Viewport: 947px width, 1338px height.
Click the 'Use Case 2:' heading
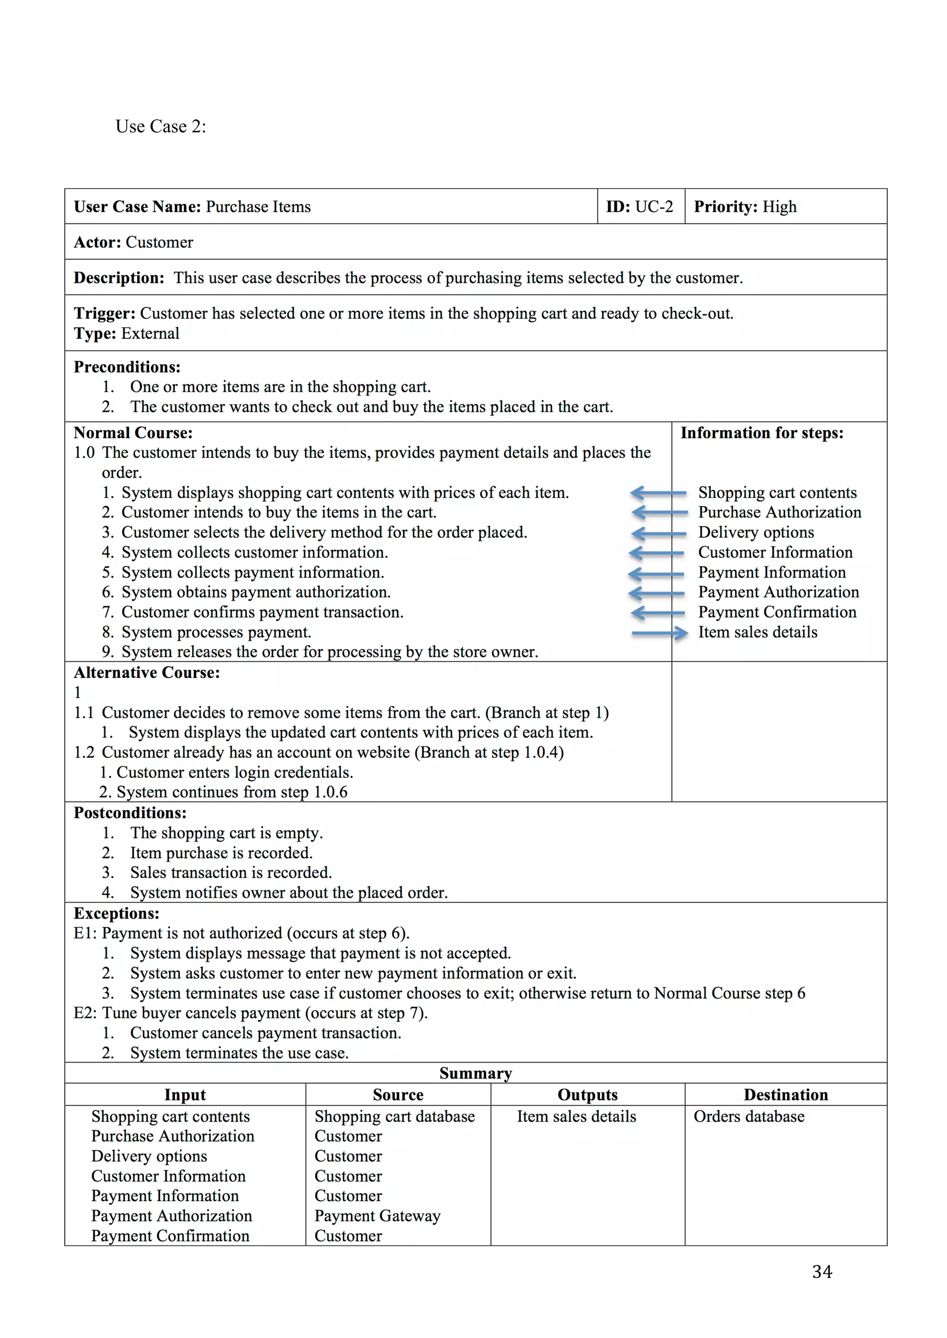click(160, 127)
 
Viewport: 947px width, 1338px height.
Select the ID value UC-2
click(654, 207)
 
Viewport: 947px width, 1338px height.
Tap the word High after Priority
click(779, 207)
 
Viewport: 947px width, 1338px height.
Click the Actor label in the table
click(97, 243)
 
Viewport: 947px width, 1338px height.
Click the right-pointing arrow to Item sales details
click(659, 633)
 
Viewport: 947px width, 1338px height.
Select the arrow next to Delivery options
click(658, 533)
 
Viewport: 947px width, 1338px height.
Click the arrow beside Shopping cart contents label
click(658, 493)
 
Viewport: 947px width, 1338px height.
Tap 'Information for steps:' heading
click(762, 433)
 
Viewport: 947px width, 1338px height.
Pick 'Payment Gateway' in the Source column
click(377, 1216)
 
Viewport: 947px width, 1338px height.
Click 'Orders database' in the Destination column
click(749, 1117)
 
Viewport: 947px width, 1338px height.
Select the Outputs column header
click(587, 1095)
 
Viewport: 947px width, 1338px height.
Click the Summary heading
click(475, 1073)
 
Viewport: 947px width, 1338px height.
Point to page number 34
click(822, 1271)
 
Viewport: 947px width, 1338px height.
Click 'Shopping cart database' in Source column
click(394, 1117)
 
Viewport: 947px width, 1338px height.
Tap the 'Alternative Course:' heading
click(147, 673)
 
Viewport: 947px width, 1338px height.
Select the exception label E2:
click(85, 1013)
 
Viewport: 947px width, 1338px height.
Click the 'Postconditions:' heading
click(130, 813)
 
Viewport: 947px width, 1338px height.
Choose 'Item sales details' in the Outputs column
click(576, 1117)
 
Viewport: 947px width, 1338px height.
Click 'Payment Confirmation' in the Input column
click(170, 1235)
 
